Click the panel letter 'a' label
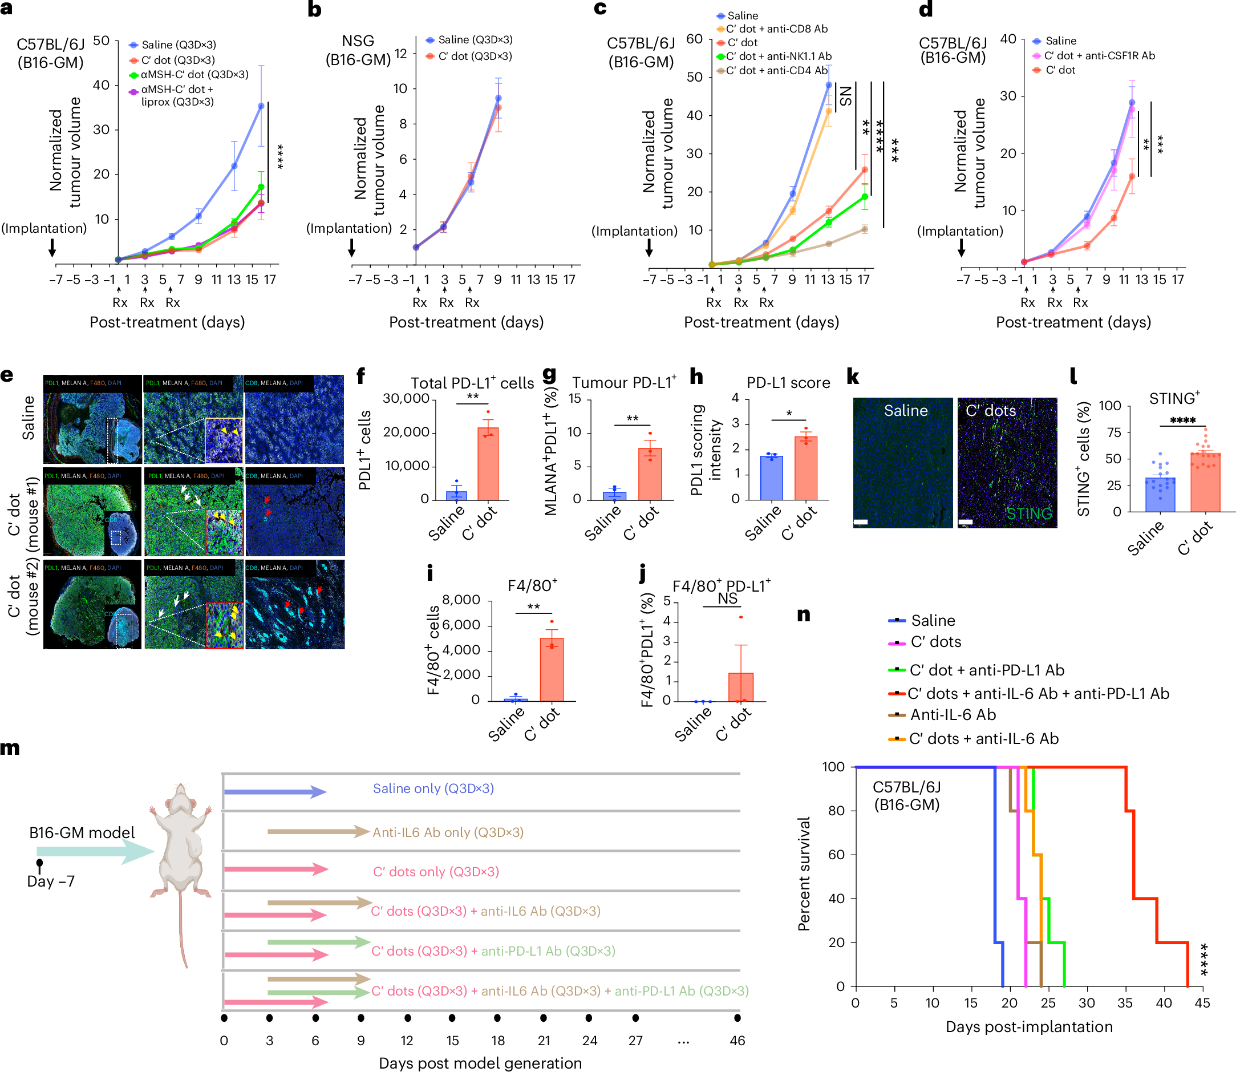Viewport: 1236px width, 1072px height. click(7, 11)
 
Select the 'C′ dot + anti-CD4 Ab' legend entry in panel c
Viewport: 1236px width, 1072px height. click(776, 71)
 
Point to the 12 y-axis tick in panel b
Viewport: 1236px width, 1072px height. click(400, 53)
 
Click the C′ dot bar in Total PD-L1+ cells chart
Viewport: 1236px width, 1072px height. click(488, 464)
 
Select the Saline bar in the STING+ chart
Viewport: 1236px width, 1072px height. click(1160, 495)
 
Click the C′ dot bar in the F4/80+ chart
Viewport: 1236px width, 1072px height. click(552, 669)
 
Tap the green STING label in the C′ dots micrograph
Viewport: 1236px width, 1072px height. click(1028, 513)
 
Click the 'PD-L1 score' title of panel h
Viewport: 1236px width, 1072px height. click(788, 383)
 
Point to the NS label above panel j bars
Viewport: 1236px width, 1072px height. click(727, 599)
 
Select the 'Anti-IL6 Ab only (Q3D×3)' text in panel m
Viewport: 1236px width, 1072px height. click(448, 832)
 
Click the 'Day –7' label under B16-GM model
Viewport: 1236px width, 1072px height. click(51, 881)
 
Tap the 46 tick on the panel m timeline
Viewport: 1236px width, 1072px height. click(737, 1041)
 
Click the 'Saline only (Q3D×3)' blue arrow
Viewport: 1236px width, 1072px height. click(275, 791)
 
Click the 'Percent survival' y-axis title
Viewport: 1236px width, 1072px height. click(804, 873)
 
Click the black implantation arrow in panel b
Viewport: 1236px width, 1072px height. click(351, 248)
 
